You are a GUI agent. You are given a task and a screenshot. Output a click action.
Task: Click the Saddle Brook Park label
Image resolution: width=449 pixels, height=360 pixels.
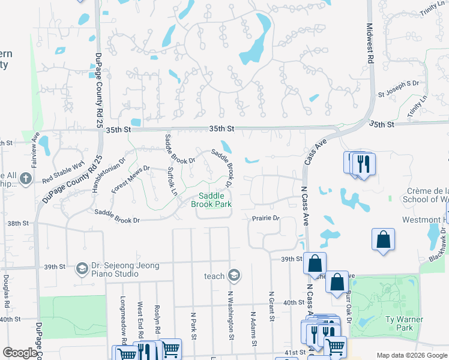(x=211, y=200)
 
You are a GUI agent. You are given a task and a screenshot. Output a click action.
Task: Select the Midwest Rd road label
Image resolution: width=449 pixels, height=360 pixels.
(x=369, y=37)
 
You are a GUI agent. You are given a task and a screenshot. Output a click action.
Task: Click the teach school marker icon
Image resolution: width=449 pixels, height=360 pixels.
(x=234, y=276)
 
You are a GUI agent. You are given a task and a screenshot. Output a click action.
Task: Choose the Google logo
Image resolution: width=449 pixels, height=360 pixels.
(x=20, y=353)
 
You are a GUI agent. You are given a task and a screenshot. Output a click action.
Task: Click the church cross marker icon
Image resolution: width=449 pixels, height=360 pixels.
(x=25, y=178)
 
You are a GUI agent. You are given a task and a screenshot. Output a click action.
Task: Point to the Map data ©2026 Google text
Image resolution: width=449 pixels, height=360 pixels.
(x=412, y=355)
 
